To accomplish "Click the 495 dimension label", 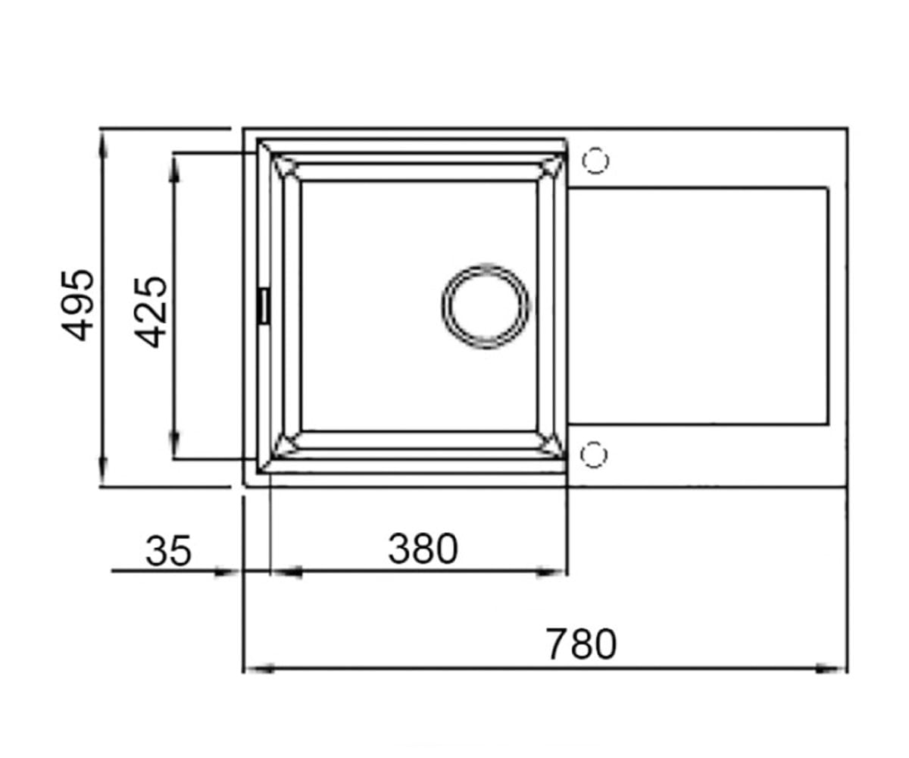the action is pos(77,305).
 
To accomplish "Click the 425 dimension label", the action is pos(150,312).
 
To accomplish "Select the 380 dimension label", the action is pos(423,549).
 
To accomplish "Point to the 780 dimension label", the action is pos(581,644).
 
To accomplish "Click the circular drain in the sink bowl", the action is pos(486,306).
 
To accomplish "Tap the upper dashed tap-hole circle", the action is pos(595,161).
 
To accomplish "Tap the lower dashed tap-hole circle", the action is pos(594,454).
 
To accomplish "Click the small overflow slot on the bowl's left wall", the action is pos(264,305).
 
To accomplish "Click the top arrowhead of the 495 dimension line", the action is pos(103,146).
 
